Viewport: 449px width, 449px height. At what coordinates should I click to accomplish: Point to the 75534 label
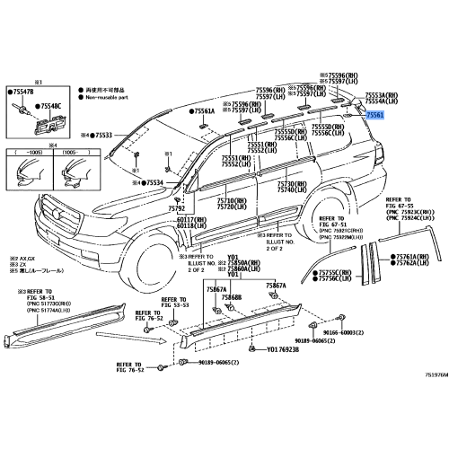click(x=155, y=182)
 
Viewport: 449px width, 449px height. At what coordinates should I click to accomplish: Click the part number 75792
click(x=176, y=208)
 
